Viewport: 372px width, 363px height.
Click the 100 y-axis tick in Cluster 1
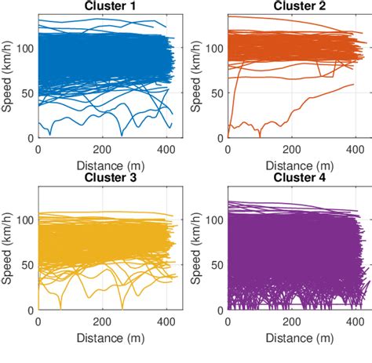26,48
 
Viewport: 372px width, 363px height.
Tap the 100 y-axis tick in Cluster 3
26,220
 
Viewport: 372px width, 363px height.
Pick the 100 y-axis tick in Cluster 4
214,220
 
